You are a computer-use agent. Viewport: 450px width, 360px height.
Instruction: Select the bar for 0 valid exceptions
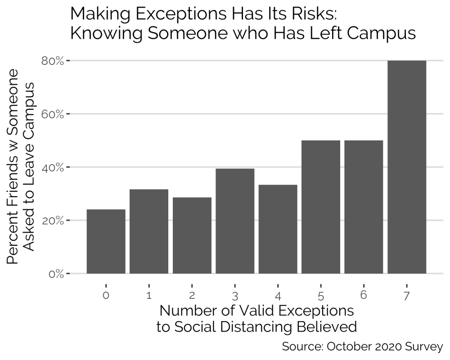click(106, 241)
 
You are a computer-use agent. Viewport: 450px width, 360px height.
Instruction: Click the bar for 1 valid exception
click(149, 231)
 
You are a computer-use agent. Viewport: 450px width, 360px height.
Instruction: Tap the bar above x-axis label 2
click(192, 235)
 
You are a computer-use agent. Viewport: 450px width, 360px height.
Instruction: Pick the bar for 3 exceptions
click(235, 221)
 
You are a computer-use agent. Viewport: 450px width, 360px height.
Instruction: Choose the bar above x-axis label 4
click(278, 229)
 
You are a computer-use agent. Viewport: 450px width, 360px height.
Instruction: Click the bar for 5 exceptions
click(321, 207)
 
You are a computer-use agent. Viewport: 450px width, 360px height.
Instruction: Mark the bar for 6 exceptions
click(364, 207)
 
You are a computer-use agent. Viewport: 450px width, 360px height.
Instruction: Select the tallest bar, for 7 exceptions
click(407, 167)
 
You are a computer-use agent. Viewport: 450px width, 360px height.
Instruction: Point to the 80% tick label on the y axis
click(52, 61)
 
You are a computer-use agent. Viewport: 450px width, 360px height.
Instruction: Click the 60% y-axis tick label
click(52, 114)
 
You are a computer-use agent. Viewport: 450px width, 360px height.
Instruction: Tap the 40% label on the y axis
click(52, 167)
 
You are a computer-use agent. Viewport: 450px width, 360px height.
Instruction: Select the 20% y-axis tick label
click(52, 220)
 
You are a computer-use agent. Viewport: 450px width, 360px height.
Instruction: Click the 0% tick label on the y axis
click(55, 274)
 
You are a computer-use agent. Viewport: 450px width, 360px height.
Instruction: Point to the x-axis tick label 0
click(106, 295)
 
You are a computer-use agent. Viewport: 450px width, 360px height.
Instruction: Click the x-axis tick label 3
click(235, 296)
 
